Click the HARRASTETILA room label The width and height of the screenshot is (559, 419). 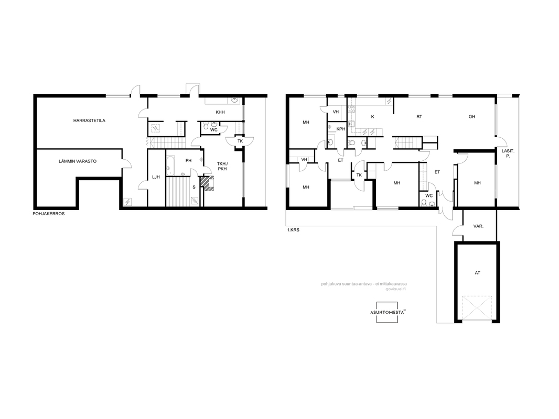89,120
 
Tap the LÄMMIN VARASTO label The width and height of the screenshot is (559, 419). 78,161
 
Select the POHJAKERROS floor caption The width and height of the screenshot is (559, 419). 48,214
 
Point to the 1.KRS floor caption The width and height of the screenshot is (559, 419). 293,230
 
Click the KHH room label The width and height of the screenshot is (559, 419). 220,112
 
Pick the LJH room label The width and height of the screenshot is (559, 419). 156,177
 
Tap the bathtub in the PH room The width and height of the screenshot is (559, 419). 170,166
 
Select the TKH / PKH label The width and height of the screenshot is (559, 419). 222,166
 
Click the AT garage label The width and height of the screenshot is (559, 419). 477,273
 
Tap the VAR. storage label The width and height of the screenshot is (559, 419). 478,226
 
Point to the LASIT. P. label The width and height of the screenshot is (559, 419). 508,153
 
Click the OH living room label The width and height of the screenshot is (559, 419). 471,117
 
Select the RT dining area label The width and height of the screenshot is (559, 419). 420,117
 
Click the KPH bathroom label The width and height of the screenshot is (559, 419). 340,129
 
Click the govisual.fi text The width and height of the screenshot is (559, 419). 395,289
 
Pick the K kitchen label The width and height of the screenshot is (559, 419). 372,117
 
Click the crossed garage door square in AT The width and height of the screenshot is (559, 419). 477,308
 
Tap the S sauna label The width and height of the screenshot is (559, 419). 194,188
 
